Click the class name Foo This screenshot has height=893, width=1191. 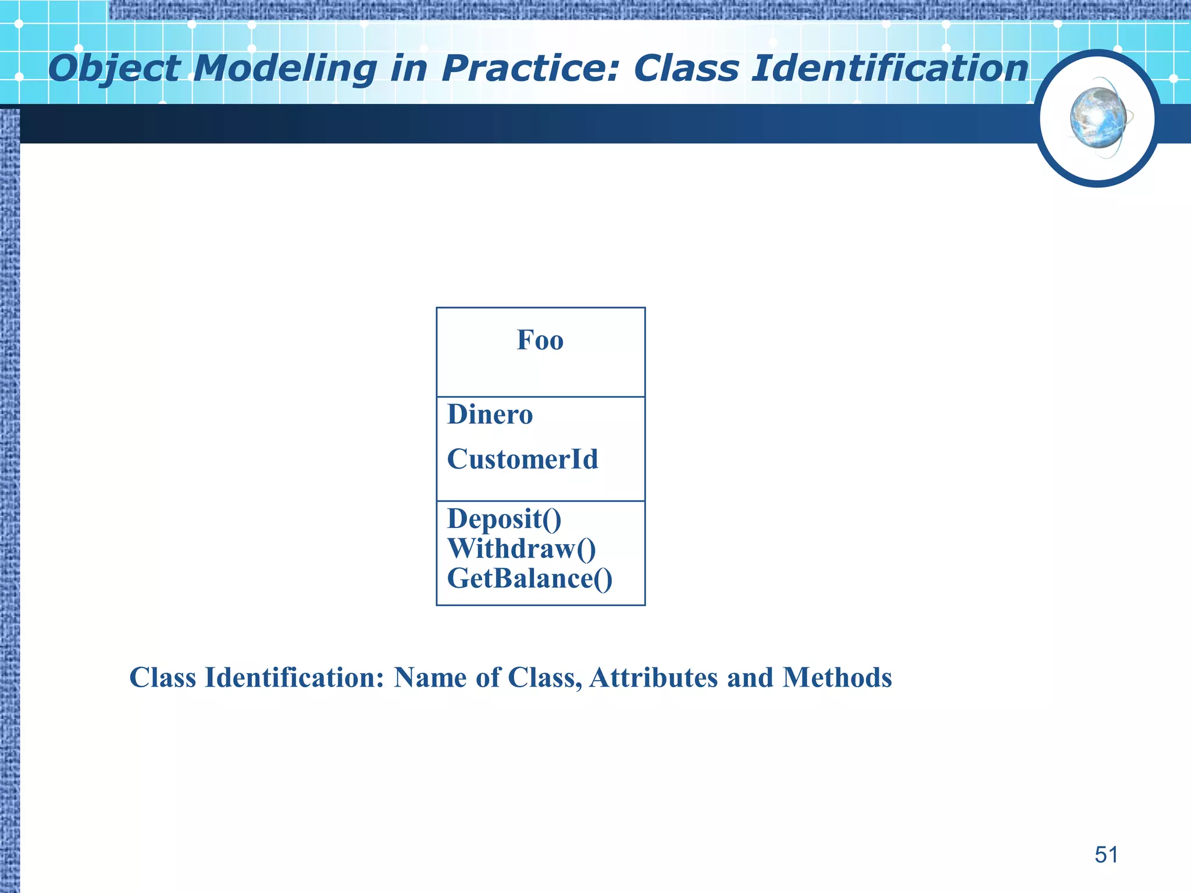tap(540, 340)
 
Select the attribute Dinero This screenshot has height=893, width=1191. tap(490, 415)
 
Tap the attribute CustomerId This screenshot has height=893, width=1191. tap(522, 460)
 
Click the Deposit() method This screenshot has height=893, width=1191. tap(504, 519)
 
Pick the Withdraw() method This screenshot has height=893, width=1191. tap(521, 549)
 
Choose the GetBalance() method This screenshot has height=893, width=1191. tap(529, 579)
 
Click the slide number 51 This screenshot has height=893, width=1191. tap(1106, 855)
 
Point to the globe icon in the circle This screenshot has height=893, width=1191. tap(1097, 118)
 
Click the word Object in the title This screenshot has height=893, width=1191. tap(115, 69)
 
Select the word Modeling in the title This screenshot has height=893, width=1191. tap(286, 69)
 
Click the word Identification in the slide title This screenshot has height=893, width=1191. tap(890, 69)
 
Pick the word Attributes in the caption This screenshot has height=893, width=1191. tap(653, 678)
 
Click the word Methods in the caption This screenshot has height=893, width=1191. tap(837, 678)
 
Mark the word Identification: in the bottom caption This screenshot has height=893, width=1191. tap(294, 678)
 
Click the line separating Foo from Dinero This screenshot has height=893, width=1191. tap(540, 397)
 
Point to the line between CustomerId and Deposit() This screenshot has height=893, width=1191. tap(540, 501)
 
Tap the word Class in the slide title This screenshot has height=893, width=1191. tap(686, 69)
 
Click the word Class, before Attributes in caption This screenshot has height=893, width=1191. tap(545, 678)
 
